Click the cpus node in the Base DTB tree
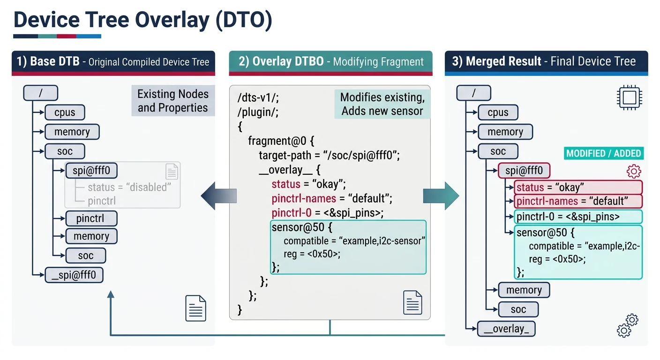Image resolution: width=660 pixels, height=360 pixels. (x=65, y=112)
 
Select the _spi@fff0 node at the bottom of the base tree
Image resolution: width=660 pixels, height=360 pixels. (x=74, y=275)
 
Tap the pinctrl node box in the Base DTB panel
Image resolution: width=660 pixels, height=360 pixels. (x=91, y=218)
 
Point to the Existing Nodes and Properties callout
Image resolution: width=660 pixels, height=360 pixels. (x=172, y=101)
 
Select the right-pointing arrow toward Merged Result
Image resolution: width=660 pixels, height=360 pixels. (x=441, y=193)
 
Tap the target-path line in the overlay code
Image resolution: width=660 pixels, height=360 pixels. (x=329, y=155)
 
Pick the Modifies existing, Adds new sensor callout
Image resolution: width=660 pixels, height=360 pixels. (x=382, y=104)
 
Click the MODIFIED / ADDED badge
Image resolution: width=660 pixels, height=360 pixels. (x=603, y=153)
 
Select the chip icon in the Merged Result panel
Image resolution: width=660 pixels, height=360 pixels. (x=629, y=98)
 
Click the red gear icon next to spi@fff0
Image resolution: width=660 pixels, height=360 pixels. (x=634, y=171)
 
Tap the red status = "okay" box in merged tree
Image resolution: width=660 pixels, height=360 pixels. (x=577, y=187)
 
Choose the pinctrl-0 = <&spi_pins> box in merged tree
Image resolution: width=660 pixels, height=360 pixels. (x=577, y=217)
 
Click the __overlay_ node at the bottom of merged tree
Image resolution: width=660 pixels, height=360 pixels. (x=506, y=329)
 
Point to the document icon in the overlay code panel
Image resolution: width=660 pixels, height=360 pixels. (x=412, y=302)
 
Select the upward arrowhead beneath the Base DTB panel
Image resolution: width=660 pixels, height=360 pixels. (x=111, y=294)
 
